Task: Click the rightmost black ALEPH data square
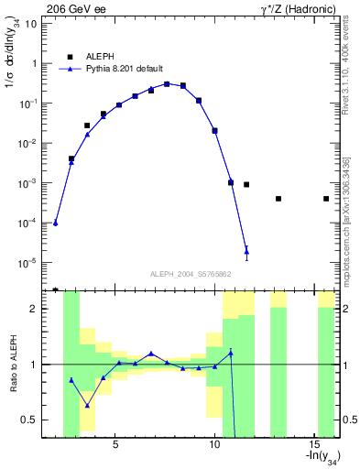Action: [326, 199]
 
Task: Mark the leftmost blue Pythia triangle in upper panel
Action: [56, 223]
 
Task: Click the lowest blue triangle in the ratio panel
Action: [87, 405]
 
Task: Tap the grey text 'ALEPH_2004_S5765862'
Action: [190, 274]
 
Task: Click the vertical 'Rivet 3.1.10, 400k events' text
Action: [348, 73]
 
